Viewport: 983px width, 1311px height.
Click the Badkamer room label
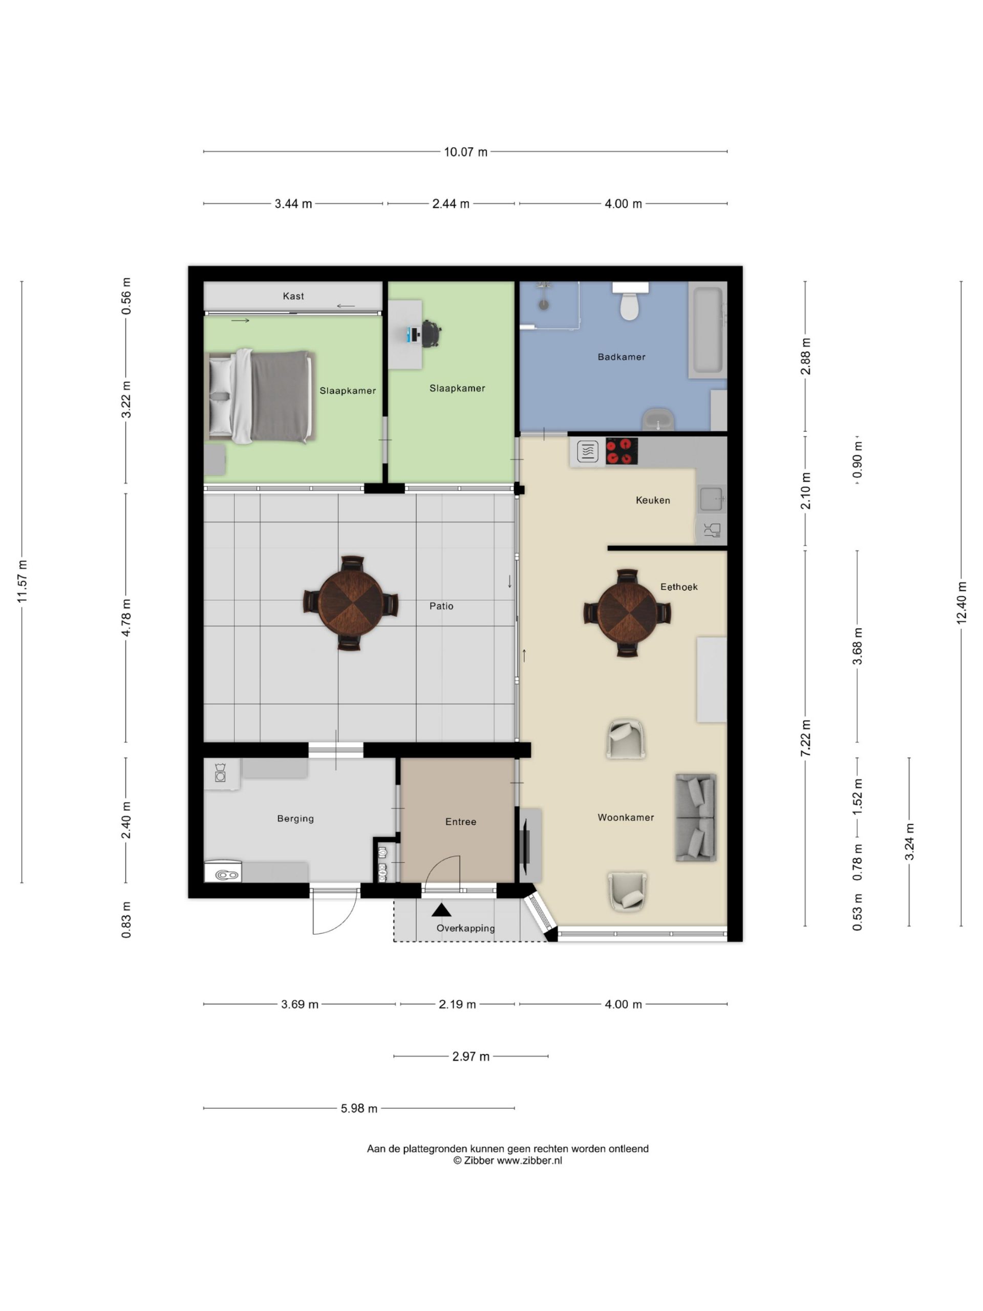621,357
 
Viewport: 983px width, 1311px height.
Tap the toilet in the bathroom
630,301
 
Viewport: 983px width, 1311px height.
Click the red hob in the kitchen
622,451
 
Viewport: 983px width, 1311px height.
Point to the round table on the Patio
351,603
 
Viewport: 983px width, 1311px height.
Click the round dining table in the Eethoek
627,613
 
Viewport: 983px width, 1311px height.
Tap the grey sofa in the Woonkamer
696,817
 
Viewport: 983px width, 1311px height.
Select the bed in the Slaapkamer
260,396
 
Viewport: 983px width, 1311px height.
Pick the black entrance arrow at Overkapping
441,910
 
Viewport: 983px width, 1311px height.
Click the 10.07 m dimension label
466,152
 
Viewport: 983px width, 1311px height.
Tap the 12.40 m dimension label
961,603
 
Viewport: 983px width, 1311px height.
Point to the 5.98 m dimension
359,1108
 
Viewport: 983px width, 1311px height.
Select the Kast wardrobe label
293,296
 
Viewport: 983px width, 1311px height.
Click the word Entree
460,821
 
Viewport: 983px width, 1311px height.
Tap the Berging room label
295,818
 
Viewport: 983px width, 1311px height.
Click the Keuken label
653,500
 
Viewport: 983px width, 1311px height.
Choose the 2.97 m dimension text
471,1056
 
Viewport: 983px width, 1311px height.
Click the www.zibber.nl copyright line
508,1160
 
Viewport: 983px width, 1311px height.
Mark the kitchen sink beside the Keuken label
712,499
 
